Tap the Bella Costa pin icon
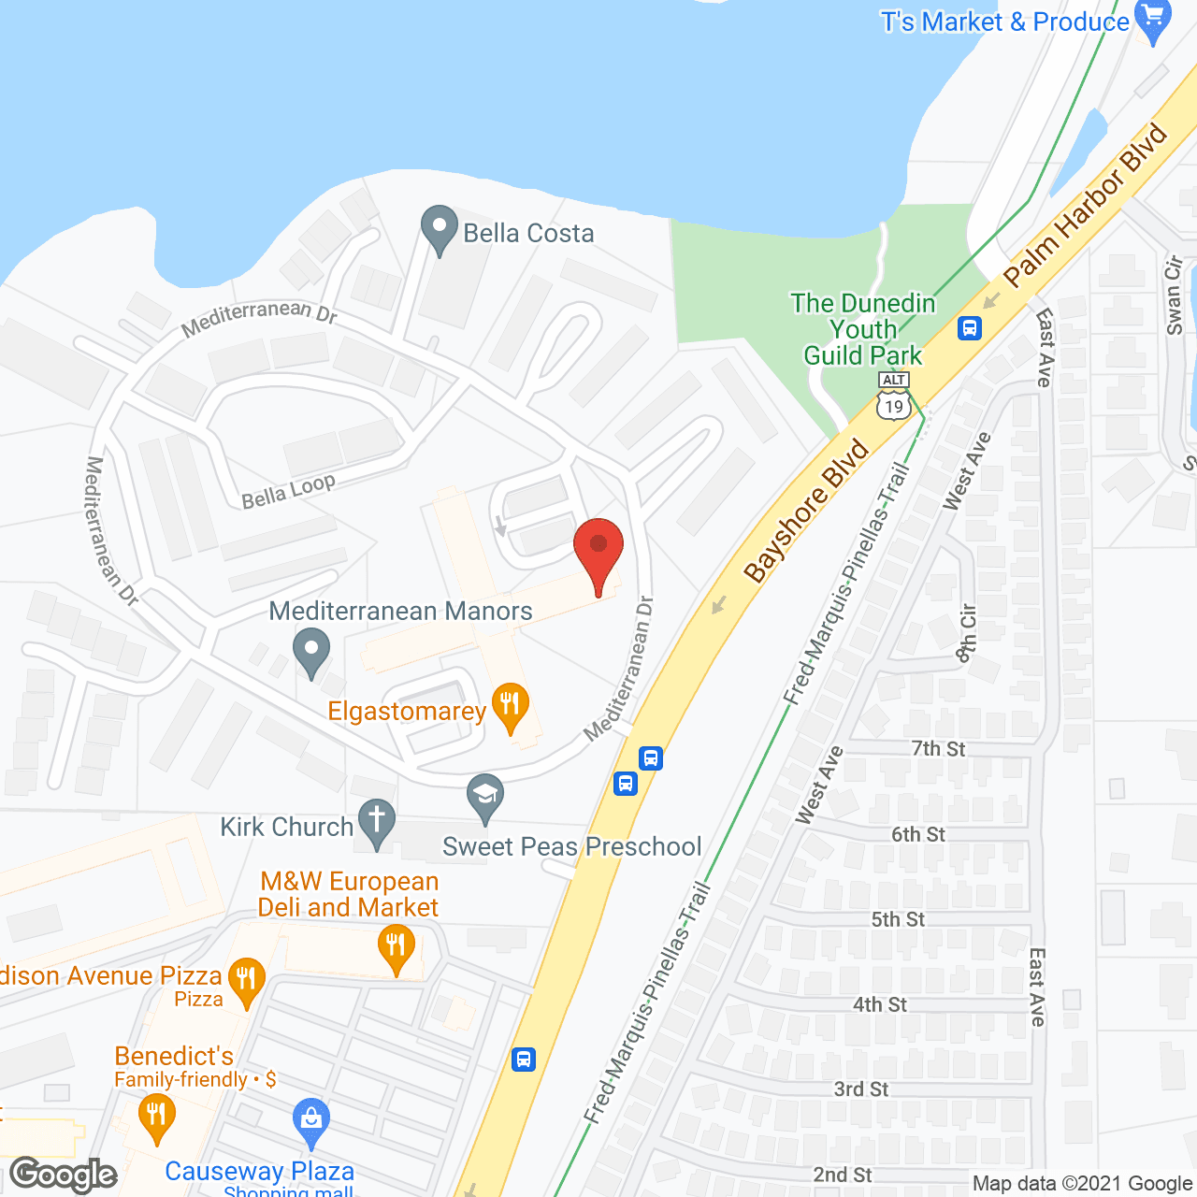pos(439,228)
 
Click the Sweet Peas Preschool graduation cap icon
pos(485,797)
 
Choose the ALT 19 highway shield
pos(894,397)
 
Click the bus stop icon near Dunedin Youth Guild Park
pos(970,328)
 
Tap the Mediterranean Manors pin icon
pos(311,651)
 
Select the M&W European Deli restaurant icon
pos(397,946)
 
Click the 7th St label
pos(938,748)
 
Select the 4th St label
pos(879,1004)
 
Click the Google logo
pos(64,1175)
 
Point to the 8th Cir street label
pos(966,633)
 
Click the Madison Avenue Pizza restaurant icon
pos(246,980)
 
